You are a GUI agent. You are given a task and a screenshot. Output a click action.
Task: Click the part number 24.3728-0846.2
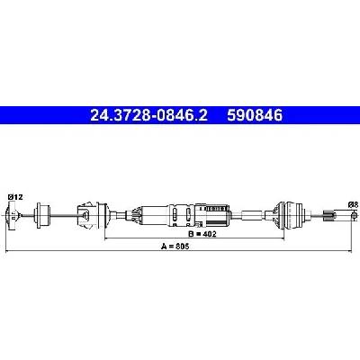click(x=148, y=115)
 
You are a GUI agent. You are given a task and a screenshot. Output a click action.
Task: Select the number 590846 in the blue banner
click(x=255, y=115)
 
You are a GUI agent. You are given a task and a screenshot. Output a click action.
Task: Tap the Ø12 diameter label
click(x=15, y=197)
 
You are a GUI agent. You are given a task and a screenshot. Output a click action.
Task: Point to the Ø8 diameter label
click(x=353, y=205)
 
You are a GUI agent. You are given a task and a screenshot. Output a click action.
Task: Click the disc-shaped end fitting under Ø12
click(x=11, y=216)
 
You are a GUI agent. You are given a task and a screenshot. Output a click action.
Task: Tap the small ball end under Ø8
click(x=355, y=215)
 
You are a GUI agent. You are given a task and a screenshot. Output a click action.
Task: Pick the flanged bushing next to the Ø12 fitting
click(x=41, y=216)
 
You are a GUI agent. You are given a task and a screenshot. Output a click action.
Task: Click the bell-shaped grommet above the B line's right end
click(x=289, y=215)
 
